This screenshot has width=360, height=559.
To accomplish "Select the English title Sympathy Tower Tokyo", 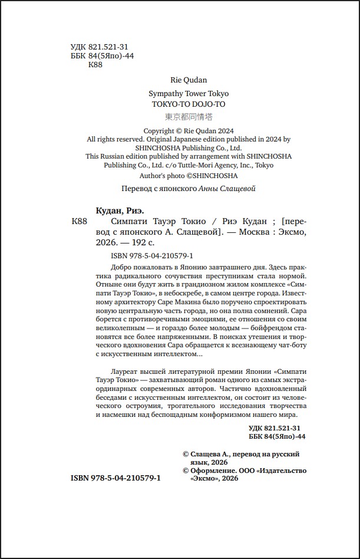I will click(x=189, y=94).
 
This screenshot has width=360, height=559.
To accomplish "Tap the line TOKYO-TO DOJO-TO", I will click(x=188, y=104).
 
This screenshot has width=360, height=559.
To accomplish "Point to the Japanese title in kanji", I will click(x=188, y=117).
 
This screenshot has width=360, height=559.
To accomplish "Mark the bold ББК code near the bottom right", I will click(x=276, y=436).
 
